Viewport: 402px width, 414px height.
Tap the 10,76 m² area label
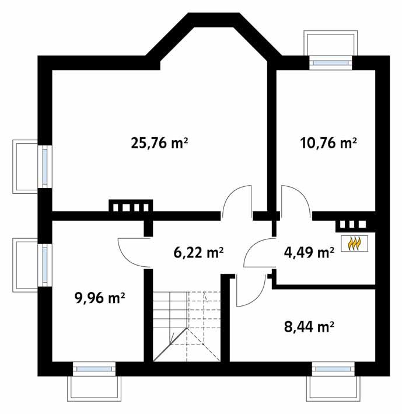click(x=328, y=143)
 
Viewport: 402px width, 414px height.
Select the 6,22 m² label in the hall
click(x=199, y=252)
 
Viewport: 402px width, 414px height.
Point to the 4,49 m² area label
click(x=309, y=252)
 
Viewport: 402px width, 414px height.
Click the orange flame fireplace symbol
click(x=354, y=243)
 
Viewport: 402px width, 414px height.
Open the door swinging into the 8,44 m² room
click(x=248, y=292)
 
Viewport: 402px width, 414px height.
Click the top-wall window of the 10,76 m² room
click(x=330, y=61)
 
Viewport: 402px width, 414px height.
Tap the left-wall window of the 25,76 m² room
click(x=45, y=165)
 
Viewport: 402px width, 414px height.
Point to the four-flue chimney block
click(x=131, y=206)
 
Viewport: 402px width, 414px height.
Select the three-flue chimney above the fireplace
click(x=352, y=224)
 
